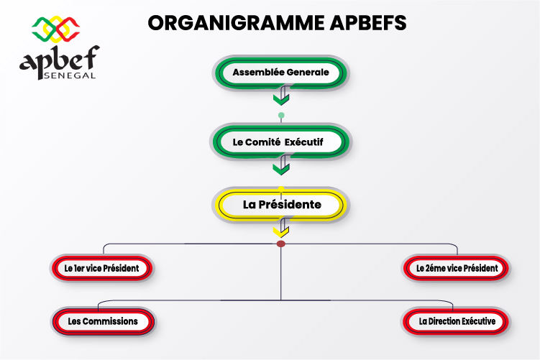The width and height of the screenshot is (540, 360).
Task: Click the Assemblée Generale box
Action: coord(280,73)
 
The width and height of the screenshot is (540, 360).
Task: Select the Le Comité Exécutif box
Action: coord(280,142)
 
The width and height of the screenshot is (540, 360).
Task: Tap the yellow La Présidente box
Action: coord(280,205)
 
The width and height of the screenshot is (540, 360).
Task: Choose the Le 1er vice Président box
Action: coord(102,268)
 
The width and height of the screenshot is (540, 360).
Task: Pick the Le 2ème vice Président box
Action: coord(457,268)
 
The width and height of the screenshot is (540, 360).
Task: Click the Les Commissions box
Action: coord(103,321)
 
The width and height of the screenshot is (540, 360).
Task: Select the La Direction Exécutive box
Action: coord(457,321)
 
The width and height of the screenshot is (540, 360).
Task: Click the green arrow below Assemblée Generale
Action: coord(281,96)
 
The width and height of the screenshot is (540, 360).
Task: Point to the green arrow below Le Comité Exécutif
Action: coord(281,165)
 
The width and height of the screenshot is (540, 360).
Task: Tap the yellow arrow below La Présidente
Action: coord(281,229)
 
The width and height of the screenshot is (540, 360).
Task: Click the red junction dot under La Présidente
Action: coord(281,244)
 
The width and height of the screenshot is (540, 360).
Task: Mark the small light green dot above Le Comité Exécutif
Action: coord(281,115)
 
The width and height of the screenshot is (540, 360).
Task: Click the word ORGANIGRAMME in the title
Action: coord(237,23)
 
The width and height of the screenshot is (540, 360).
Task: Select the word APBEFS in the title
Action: coord(368,23)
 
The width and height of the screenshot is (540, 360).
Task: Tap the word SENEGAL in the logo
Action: coord(70,75)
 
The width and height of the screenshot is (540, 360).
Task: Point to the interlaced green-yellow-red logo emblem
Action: coord(56,29)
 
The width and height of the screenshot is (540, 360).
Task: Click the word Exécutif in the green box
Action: coord(304,142)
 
